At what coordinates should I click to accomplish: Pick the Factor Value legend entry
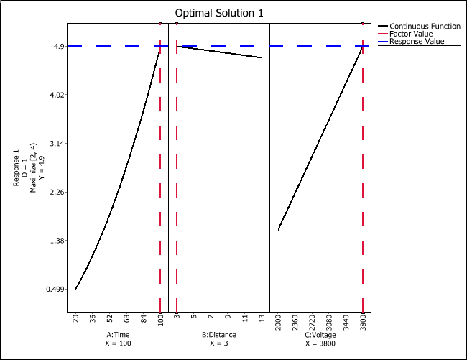(x=410, y=34)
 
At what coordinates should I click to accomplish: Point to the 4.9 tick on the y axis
(x=60, y=46)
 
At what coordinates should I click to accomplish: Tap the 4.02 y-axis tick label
(x=57, y=95)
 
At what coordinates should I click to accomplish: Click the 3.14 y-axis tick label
(x=57, y=144)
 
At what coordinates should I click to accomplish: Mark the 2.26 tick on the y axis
(x=57, y=192)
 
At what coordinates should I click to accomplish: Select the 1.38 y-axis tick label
(x=57, y=241)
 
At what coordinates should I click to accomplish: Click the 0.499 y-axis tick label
(x=55, y=289)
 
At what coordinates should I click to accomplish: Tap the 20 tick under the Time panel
(x=75, y=319)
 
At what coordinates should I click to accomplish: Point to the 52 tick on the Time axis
(x=109, y=319)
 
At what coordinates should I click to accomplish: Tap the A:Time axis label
(x=118, y=335)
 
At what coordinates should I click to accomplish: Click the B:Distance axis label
(x=218, y=335)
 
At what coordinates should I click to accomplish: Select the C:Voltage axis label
(x=320, y=335)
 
